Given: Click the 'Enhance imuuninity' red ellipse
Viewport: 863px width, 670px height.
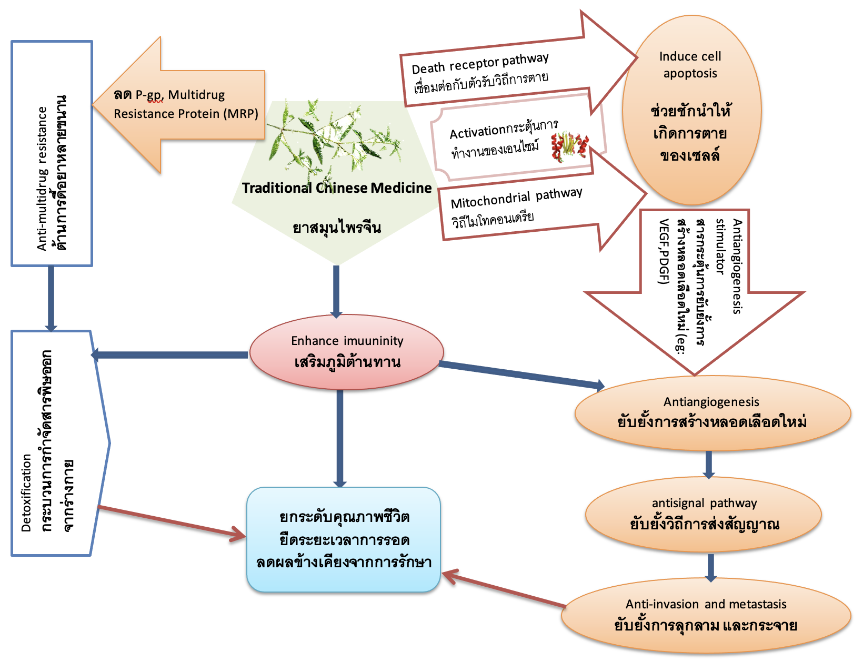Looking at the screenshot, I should point(346,352).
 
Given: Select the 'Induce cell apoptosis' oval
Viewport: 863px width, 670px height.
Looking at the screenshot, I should point(691,111).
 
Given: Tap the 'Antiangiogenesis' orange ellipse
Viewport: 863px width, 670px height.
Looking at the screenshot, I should point(713,413).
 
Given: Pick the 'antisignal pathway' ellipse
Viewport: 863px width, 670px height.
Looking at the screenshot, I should point(704,514).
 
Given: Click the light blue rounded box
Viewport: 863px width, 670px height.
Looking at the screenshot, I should point(343,539).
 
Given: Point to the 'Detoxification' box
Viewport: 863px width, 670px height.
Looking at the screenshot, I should point(53,442).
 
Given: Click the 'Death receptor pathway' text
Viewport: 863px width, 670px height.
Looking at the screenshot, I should point(480,63).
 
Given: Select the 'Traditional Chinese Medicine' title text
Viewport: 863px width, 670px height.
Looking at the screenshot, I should point(337,188).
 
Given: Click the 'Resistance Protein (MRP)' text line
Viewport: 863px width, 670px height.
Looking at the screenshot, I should point(186,114).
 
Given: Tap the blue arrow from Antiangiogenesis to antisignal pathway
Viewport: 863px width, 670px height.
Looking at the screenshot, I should point(709,464).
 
